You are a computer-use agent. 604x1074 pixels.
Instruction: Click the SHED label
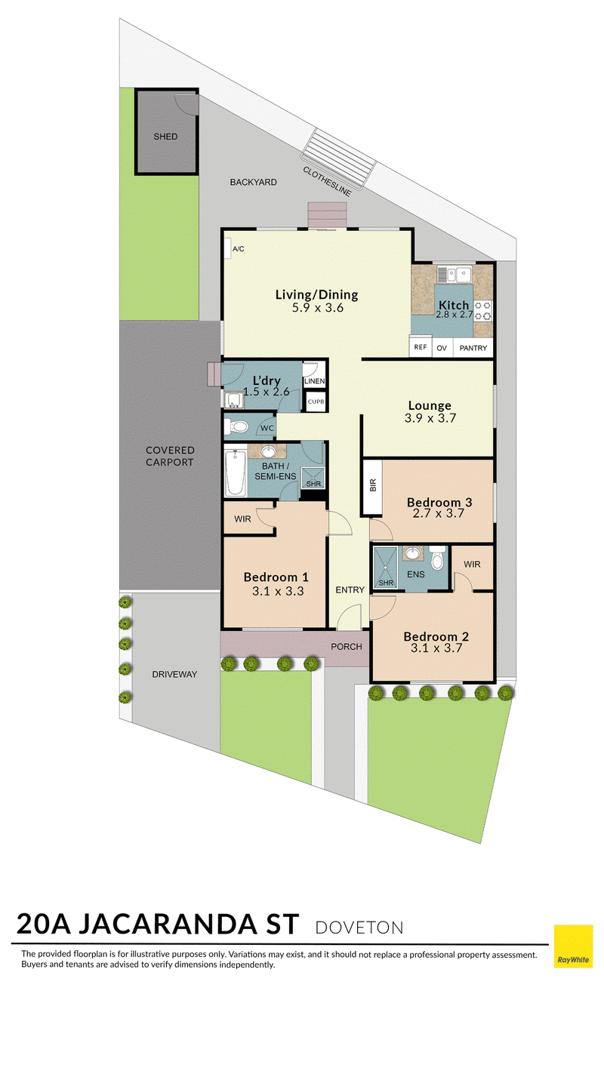(x=165, y=137)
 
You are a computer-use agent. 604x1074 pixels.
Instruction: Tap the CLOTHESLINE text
(x=327, y=181)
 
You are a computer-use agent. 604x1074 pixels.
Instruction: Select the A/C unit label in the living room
(x=239, y=249)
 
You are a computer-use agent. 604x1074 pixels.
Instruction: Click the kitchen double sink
(x=454, y=275)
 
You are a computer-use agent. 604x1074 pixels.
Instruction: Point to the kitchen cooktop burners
(x=483, y=310)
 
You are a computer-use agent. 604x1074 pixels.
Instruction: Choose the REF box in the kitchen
(x=421, y=346)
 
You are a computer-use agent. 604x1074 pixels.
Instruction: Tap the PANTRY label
(x=473, y=348)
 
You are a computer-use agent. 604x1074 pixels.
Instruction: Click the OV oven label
(x=442, y=348)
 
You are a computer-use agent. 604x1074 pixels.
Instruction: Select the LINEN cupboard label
(x=315, y=381)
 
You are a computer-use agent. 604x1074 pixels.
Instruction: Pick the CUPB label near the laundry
(x=316, y=402)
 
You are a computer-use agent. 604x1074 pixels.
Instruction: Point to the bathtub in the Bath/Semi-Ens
(x=235, y=472)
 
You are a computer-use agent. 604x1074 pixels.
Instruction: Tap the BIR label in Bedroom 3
(x=373, y=486)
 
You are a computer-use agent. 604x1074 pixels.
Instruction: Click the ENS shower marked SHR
(x=386, y=568)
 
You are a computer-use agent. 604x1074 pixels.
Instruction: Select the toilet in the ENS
(x=436, y=557)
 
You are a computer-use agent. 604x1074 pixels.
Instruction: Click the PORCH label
(x=347, y=647)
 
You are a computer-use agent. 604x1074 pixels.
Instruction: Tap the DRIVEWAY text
(x=174, y=675)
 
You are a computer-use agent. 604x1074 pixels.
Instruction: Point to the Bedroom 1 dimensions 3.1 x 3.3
(x=278, y=591)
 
